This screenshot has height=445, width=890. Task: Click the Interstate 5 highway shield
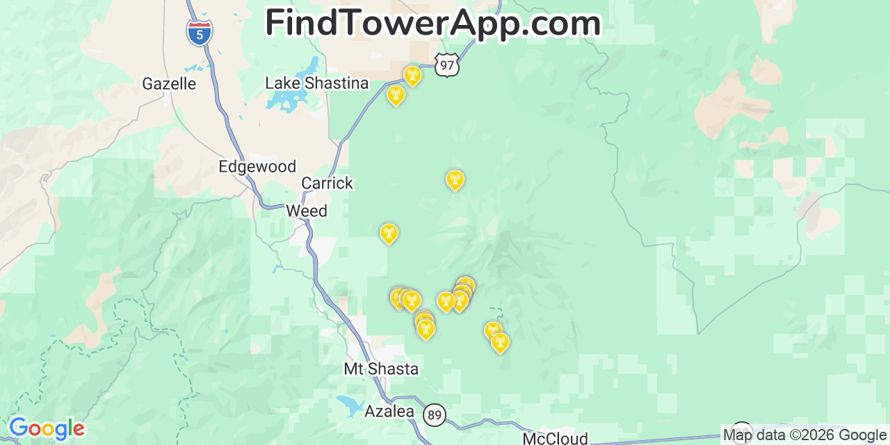point(200,32)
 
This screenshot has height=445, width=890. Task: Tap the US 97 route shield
point(447,64)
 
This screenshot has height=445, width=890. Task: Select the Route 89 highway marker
point(435,415)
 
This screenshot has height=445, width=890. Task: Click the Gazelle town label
point(169,84)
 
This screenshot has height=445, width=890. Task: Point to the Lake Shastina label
point(317,83)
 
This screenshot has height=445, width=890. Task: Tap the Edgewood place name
point(257,167)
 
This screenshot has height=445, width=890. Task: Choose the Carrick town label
point(327,184)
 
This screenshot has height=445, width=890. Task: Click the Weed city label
point(307,211)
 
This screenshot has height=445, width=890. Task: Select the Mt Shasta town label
point(381,369)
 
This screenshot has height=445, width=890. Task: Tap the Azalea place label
point(389,412)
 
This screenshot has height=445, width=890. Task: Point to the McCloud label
point(555,438)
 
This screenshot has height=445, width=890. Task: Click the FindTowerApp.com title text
point(432,24)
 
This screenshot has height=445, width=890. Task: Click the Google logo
point(46,428)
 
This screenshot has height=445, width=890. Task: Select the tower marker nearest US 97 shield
point(412,75)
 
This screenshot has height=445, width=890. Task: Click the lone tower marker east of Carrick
point(455,180)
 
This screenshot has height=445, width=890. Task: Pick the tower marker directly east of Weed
point(389,233)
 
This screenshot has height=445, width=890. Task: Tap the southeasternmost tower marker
point(499,342)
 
